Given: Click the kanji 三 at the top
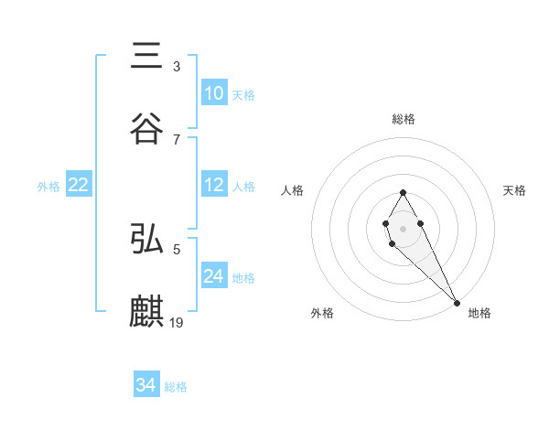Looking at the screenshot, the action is (x=147, y=57).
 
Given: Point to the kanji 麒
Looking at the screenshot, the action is (x=147, y=311).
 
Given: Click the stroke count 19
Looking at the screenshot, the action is (x=177, y=322).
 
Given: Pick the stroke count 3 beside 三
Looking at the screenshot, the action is (x=177, y=67).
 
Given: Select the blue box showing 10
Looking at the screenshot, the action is (x=213, y=93).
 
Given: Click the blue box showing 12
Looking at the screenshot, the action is (x=213, y=185).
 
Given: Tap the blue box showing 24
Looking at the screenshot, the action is (x=213, y=276).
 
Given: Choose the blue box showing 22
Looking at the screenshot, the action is (x=78, y=185).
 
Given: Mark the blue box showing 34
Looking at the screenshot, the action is (x=145, y=385).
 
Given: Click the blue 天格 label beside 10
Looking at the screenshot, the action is (x=243, y=95).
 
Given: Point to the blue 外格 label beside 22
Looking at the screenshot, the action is (x=48, y=187).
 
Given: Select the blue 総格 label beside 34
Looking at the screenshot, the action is (x=176, y=387).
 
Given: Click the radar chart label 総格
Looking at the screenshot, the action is (x=403, y=119).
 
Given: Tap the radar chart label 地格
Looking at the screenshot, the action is (x=479, y=313).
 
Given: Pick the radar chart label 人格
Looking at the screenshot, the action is (x=293, y=190).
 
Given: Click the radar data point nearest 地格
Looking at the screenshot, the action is (x=457, y=301).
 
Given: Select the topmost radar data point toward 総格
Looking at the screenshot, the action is (x=403, y=192).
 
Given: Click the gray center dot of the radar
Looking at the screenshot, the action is (x=403, y=228).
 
